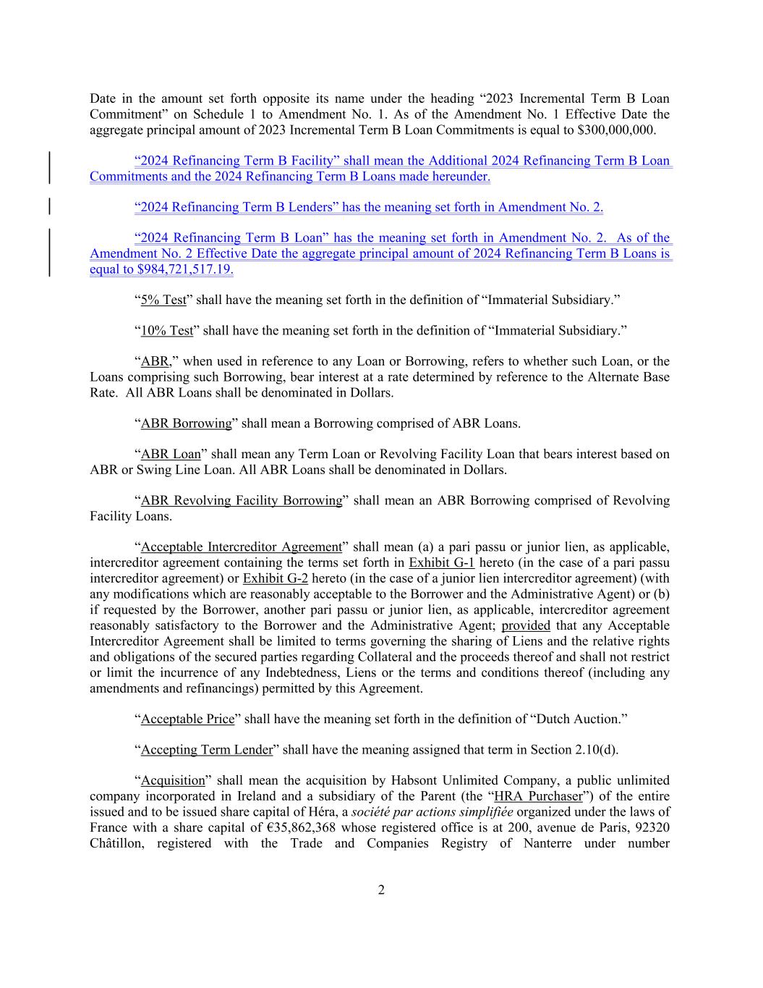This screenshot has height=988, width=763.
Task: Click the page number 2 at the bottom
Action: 381,890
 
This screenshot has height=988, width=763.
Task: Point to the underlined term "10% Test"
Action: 167,331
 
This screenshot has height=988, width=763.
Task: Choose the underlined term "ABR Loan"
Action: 171,454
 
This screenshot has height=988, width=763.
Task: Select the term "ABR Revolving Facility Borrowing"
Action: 242,501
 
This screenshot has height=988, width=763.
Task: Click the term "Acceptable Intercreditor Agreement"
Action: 241,546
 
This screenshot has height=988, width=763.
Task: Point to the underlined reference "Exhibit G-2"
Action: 276,578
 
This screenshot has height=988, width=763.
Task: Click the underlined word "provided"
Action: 526,625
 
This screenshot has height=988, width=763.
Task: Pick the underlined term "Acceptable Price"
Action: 188,719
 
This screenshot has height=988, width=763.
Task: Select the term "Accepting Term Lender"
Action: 207,750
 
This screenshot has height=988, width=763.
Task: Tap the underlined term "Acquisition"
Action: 173,780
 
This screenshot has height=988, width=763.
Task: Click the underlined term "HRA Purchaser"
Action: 538,796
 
